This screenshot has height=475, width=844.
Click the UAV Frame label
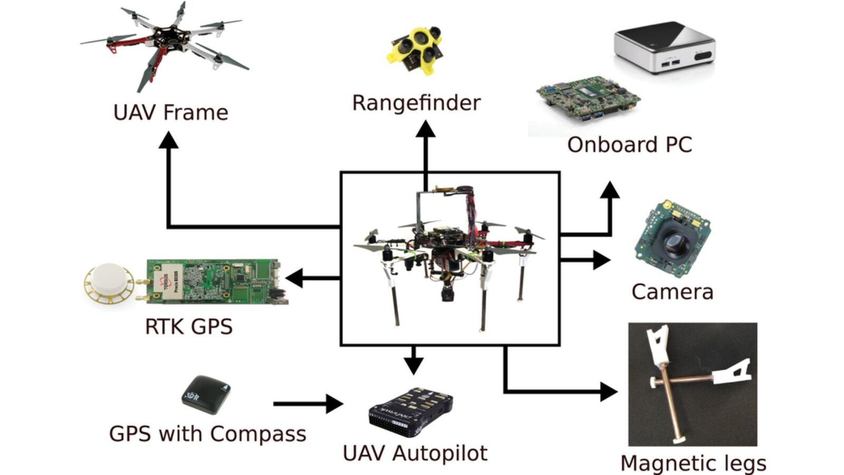(170, 112)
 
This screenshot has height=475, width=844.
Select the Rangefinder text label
(416, 103)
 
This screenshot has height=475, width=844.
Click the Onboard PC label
(629, 144)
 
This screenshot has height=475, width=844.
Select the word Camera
(672, 292)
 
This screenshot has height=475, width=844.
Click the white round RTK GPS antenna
(110, 283)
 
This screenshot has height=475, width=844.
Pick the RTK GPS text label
(188, 326)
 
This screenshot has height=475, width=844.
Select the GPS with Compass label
(207, 434)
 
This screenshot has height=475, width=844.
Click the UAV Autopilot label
(415, 453)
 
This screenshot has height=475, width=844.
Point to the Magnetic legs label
(693, 463)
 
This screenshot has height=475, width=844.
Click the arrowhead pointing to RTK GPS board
(295, 278)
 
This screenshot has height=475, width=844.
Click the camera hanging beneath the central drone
(448, 292)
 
